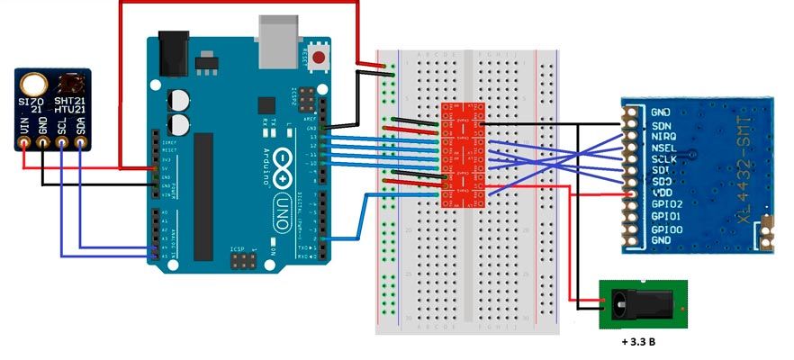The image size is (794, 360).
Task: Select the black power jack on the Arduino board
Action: click(x=174, y=54)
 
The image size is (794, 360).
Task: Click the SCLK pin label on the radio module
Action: click(x=663, y=158)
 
